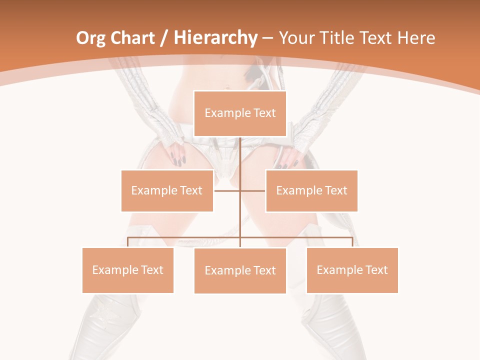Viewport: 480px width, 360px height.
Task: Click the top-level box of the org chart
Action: point(240,113)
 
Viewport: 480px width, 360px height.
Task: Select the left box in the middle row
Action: point(167,190)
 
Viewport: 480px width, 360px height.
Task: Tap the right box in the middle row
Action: point(311,190)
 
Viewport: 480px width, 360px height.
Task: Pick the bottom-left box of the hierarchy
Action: point(128,270)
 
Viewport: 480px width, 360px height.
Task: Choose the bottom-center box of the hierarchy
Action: point(240,270)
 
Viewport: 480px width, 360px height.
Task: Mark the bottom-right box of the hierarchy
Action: point(352,270)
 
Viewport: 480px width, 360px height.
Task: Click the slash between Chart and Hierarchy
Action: point(163,38)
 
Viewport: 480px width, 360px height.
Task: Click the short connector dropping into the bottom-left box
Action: point(128,242)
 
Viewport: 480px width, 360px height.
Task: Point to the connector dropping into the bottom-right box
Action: point(352,242)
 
